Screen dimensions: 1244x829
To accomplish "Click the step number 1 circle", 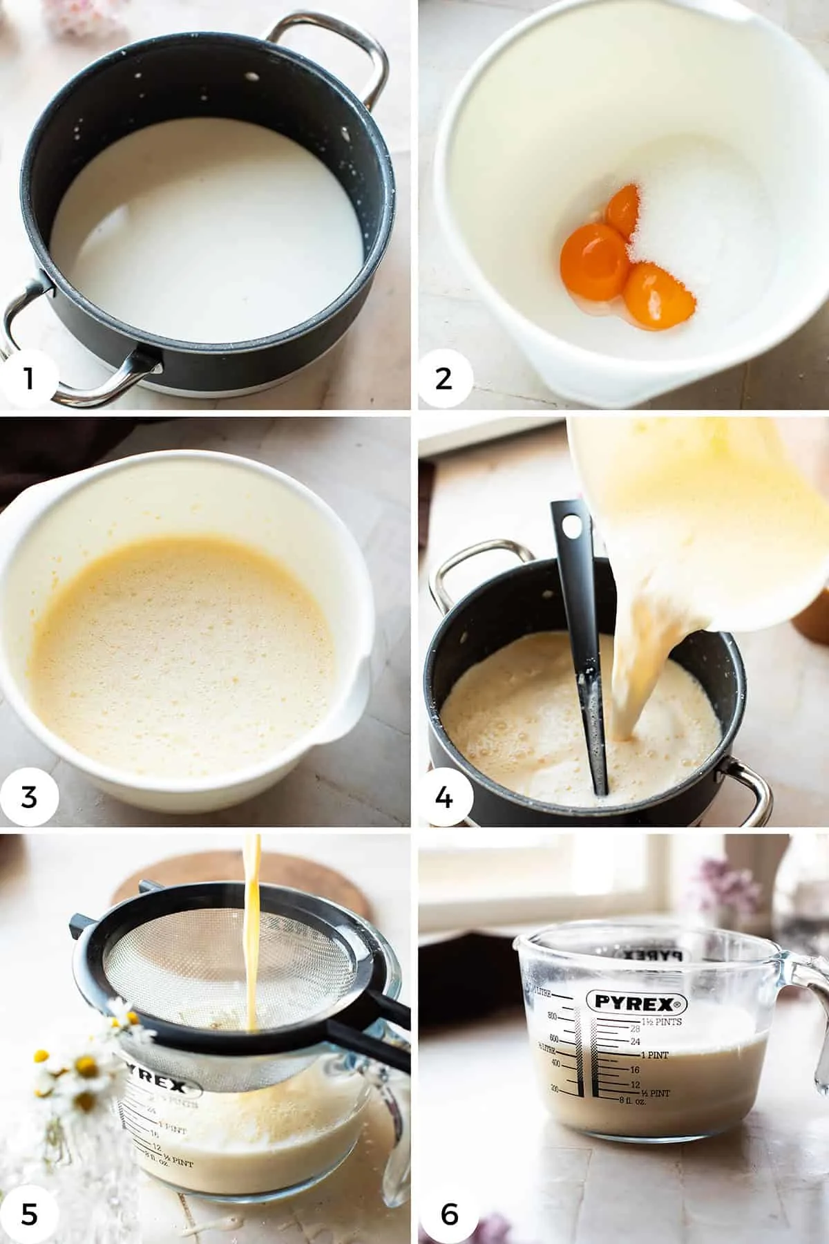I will tap(28, 379).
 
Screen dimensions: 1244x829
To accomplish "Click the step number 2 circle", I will tap(444, 379).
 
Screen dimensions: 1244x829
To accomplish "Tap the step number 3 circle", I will tap(28, 796).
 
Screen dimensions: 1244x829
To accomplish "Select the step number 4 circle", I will tap(444, 797).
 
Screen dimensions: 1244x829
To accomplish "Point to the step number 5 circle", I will tap(28, 1214).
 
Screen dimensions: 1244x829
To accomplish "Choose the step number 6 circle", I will tap(449, 1214).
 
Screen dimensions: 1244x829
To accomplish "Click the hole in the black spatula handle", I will tap(571, 527).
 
